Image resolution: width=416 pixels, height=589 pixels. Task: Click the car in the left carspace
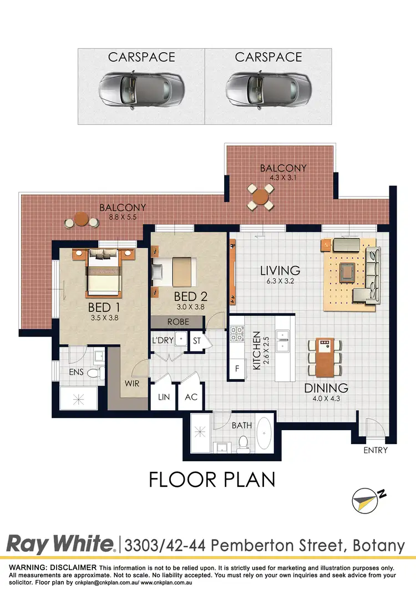point(141,87)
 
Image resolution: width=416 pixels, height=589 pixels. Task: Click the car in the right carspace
point(268,87)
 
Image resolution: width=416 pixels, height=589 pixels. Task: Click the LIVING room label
point(280,271)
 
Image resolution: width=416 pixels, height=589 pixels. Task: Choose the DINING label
point(326,388)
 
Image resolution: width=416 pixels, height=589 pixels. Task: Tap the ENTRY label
point(375,450)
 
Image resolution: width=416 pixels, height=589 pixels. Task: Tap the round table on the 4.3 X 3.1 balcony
point(260,196)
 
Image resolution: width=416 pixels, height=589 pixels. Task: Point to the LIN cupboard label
point(164,397)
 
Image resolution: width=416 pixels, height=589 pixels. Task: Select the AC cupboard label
point(191,397)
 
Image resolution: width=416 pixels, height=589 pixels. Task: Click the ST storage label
point(197,341)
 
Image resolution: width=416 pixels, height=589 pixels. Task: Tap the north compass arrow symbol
point(368,500)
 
